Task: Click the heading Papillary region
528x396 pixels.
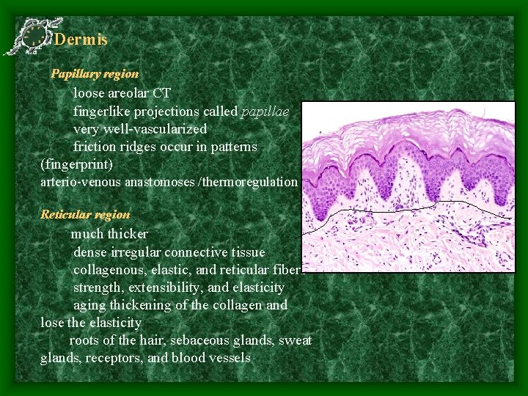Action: pos(94,74)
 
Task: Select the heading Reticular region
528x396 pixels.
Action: pos(85,215)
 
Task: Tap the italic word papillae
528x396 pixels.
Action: pos(265,111)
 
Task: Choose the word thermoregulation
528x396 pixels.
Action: pos(256,181)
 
